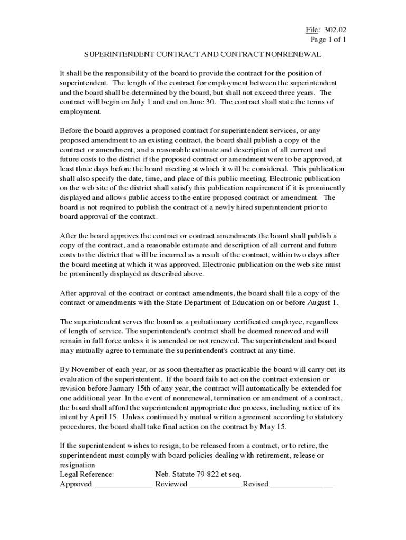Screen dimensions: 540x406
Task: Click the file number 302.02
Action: click(336, 30)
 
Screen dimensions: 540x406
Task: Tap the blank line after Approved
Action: click(123, 484)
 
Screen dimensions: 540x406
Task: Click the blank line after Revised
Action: click(302, 484)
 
